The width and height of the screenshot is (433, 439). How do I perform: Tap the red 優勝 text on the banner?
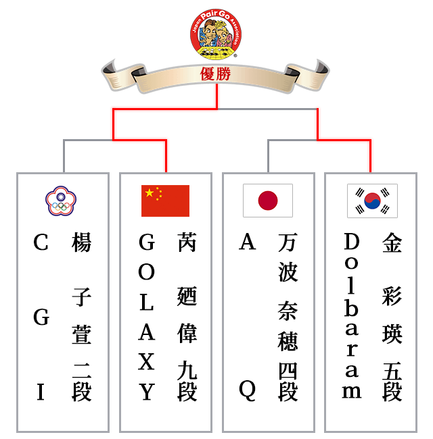point(216,74)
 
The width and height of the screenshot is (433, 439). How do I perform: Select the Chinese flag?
point(165,201)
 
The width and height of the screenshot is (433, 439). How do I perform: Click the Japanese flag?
point(268,201)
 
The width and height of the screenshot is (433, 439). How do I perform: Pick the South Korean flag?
point(372,201)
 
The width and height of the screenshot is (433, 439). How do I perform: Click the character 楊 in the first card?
point(81,242)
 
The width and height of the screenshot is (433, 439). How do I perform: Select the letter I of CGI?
point(41,392)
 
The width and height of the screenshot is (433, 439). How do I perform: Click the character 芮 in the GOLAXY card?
point(187,242)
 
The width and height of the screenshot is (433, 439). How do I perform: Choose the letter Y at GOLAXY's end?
point(147,392)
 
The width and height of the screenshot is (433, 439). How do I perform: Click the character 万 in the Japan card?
point(288,242)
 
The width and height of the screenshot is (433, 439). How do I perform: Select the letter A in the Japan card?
point(248,242)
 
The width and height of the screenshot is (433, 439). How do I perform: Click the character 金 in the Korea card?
point(392,242)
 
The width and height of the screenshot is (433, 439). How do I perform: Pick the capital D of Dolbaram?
point(351,242)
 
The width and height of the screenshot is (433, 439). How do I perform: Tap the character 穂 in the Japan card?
point(288,341)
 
